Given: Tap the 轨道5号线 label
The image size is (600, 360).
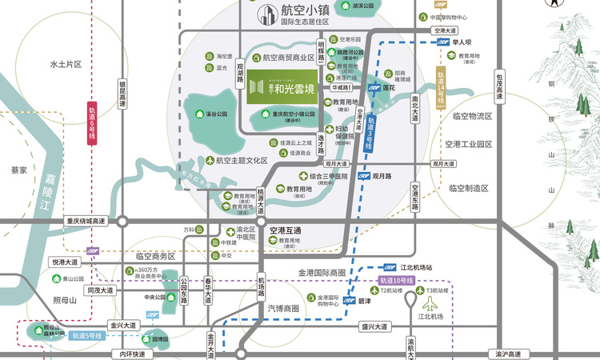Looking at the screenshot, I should [x=87, y=337].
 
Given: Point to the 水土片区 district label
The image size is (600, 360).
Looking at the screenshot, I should [x=66, y=64].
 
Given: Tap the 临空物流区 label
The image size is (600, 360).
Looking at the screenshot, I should [x=472, y=117].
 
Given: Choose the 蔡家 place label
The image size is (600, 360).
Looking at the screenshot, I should [x=19, y=170].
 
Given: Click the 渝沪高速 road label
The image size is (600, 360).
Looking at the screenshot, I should [x=507, y=354].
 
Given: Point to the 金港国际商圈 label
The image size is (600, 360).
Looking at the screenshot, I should [x=322, y=273].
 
